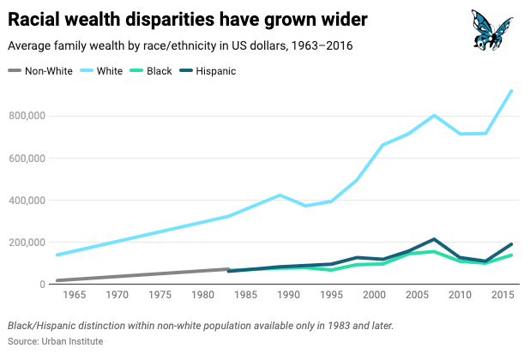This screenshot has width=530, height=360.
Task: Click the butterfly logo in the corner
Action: [493, 30]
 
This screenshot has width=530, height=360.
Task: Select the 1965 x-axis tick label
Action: [75, 296]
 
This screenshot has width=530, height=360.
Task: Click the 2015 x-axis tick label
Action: [503, 296]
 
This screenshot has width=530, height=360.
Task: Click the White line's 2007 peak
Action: [435, 115]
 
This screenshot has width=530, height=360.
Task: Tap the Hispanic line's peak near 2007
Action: [435, 239]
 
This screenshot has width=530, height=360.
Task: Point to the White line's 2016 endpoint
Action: [512, 91]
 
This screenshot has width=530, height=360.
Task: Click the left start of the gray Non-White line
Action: [57, 280]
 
